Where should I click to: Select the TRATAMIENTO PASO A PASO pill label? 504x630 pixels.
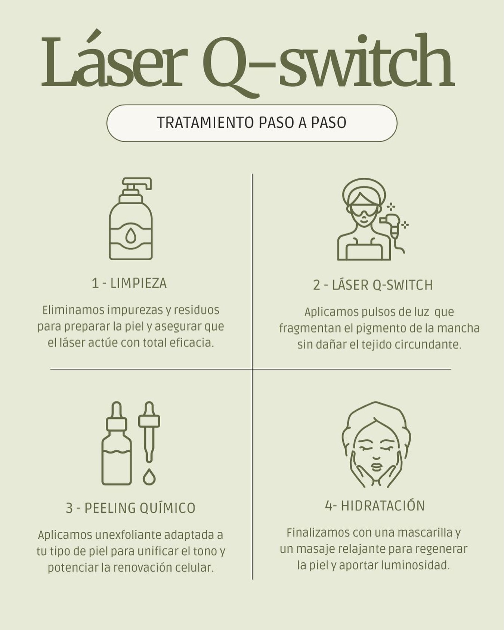pos(252,123)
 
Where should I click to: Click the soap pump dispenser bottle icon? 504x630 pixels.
pos(131,218)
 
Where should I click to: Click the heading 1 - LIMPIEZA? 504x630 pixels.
pos(129,283)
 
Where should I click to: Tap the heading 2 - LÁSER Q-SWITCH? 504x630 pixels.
pos(373,285)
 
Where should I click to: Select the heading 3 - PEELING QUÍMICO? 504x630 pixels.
pos(131,508)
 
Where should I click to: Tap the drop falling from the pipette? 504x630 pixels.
pos(149,477)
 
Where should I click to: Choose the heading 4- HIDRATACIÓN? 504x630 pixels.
pos(375,505)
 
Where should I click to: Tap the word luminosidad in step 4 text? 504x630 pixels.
pos(415,565)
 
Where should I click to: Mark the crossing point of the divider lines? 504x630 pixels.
pos(252,369)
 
